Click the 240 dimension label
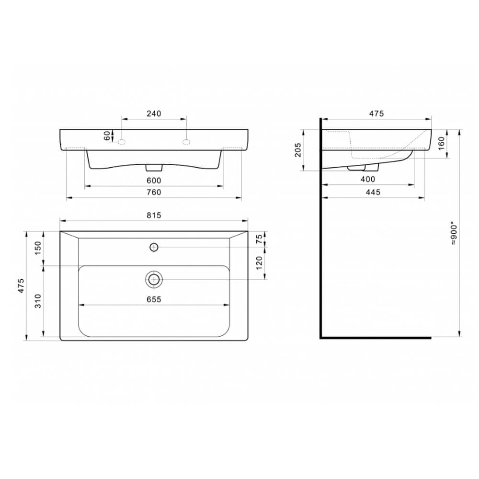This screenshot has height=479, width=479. (x=154, y=114)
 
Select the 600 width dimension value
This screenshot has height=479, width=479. (x=154, y=181)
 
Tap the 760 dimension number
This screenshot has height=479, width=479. (x=154, y=192)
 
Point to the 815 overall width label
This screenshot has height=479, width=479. (x=154, y=216)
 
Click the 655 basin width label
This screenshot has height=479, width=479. (x=154, y=299)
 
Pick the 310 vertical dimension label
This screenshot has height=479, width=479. (x=37, y=301)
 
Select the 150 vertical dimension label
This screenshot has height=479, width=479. (x=37, y=248)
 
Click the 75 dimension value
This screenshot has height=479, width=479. (x=259, y=239)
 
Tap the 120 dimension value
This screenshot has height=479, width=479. (x=259, y=263)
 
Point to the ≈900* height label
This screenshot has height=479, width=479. (x=454, y=235)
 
